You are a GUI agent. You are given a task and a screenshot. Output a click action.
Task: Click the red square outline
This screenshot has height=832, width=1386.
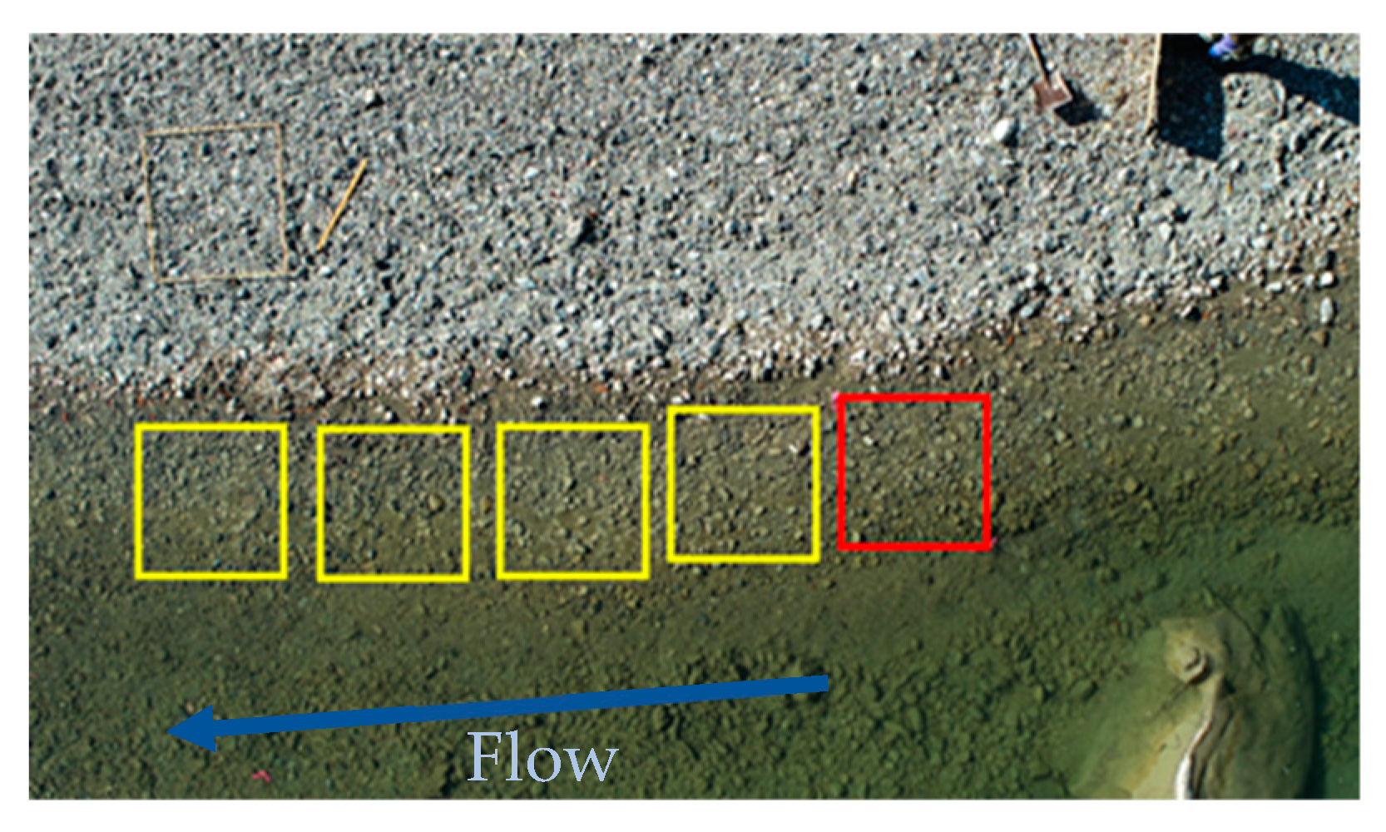point(914,472)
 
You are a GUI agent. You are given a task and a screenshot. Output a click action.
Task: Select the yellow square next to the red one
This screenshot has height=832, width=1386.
point(744,484)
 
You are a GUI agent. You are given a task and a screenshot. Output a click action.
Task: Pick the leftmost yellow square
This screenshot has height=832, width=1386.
point(210,501)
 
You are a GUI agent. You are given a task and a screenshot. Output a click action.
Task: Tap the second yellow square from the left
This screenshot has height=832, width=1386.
point(393,503)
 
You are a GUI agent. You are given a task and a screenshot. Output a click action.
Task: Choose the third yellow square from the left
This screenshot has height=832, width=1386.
point(572,501)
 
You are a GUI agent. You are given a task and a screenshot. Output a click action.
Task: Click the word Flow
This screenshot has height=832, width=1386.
point(542,757)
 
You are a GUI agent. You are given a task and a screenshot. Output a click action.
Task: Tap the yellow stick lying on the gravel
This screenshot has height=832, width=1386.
point(341,205)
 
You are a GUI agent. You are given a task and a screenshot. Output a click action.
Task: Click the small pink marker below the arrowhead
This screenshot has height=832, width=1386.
point(261,776)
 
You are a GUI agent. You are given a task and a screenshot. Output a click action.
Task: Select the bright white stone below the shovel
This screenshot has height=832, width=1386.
point(1004,131)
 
